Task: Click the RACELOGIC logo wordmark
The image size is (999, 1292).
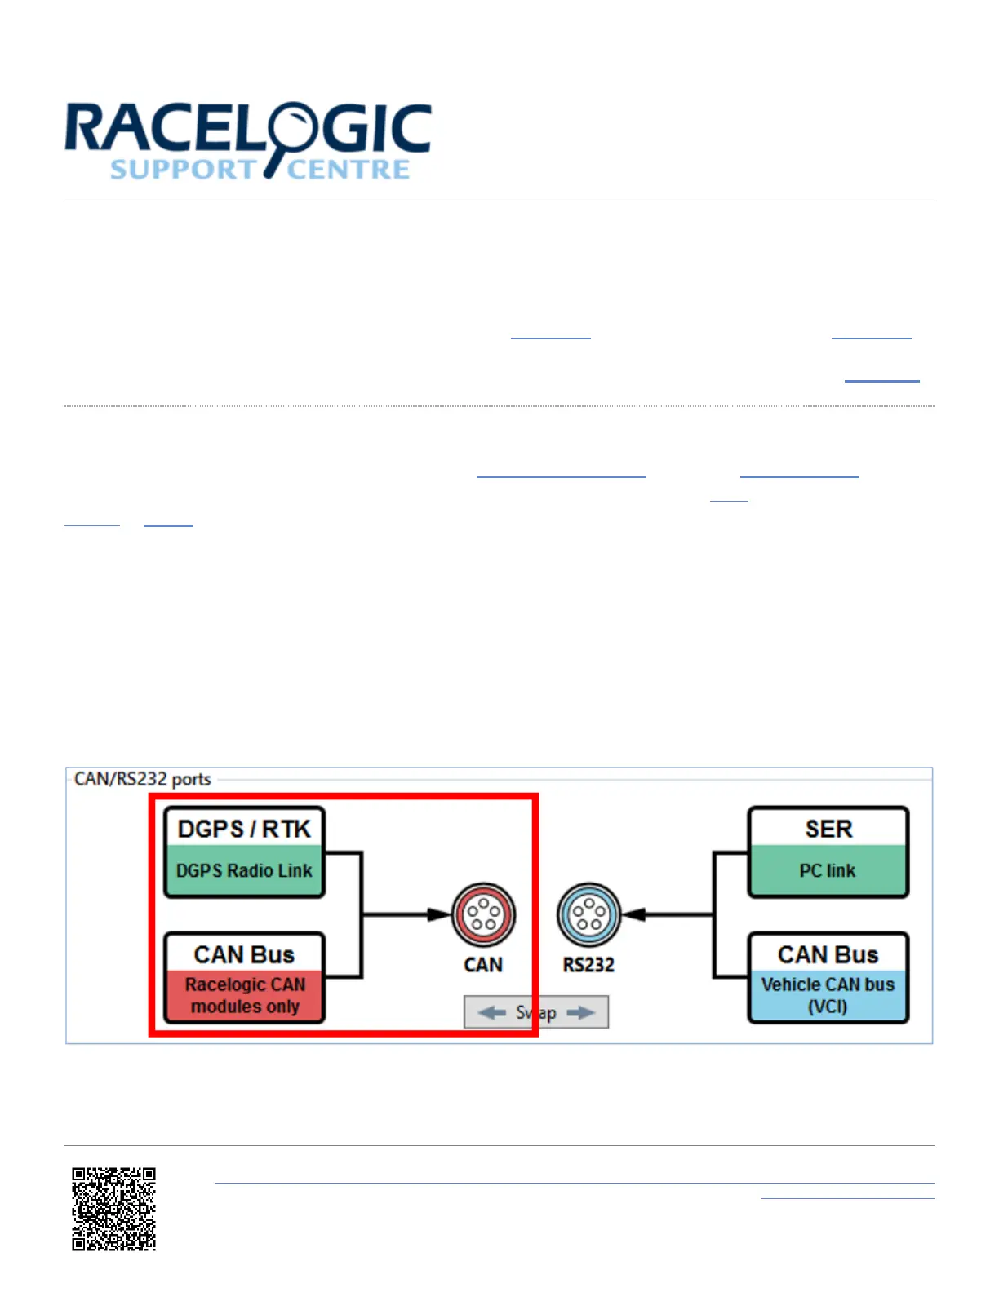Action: pos(248,129)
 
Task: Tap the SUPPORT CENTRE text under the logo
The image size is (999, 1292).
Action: pos(260,170)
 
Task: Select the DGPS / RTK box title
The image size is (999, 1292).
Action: pos(244,829)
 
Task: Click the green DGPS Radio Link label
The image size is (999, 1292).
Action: pos(244,871)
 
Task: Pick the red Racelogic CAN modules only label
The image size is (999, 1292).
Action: pos(245,995)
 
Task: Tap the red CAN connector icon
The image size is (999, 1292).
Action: pos(483,915)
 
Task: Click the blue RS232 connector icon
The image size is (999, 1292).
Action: pos(588,915)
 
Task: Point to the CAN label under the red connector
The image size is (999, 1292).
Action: pos(483,965)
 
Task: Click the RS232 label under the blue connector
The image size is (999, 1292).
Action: pos(588,965)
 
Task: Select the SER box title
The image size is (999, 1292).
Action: pos(828,829)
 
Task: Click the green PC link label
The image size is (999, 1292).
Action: pos(828,871)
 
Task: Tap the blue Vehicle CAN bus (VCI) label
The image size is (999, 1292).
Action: pos(828,995)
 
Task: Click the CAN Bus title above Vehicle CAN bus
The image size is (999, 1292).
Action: pos(828,954)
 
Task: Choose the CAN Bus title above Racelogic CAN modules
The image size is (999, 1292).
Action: pos(244,954)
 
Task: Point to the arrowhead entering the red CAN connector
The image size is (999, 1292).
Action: pos(440,915)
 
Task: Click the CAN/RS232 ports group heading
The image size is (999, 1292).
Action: pos(143,779)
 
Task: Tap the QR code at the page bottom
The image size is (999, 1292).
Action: pos(113,1209)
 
